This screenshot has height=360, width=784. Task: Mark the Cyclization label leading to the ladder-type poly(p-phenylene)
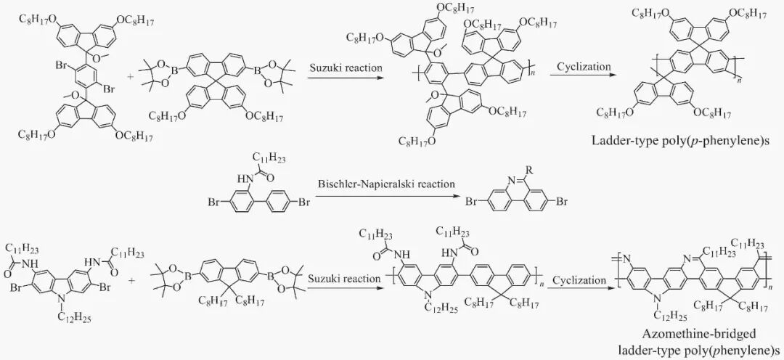tap(583, 67)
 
